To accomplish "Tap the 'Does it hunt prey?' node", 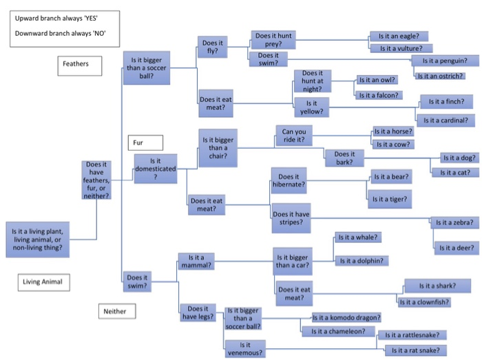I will tap(273, 39).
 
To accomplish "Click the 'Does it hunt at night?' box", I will tap(313, 81).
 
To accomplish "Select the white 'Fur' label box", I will tap(144, 143).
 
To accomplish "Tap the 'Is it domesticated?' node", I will tap(155, 169).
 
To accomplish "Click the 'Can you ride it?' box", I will tap(294, 135).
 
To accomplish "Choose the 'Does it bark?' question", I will tap(345, 158).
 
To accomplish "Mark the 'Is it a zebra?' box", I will tap(452, 222).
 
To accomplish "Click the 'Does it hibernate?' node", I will tap(289, 181).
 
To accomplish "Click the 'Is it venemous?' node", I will tap(244, 348).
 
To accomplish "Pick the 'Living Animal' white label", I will tap(46, 282).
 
